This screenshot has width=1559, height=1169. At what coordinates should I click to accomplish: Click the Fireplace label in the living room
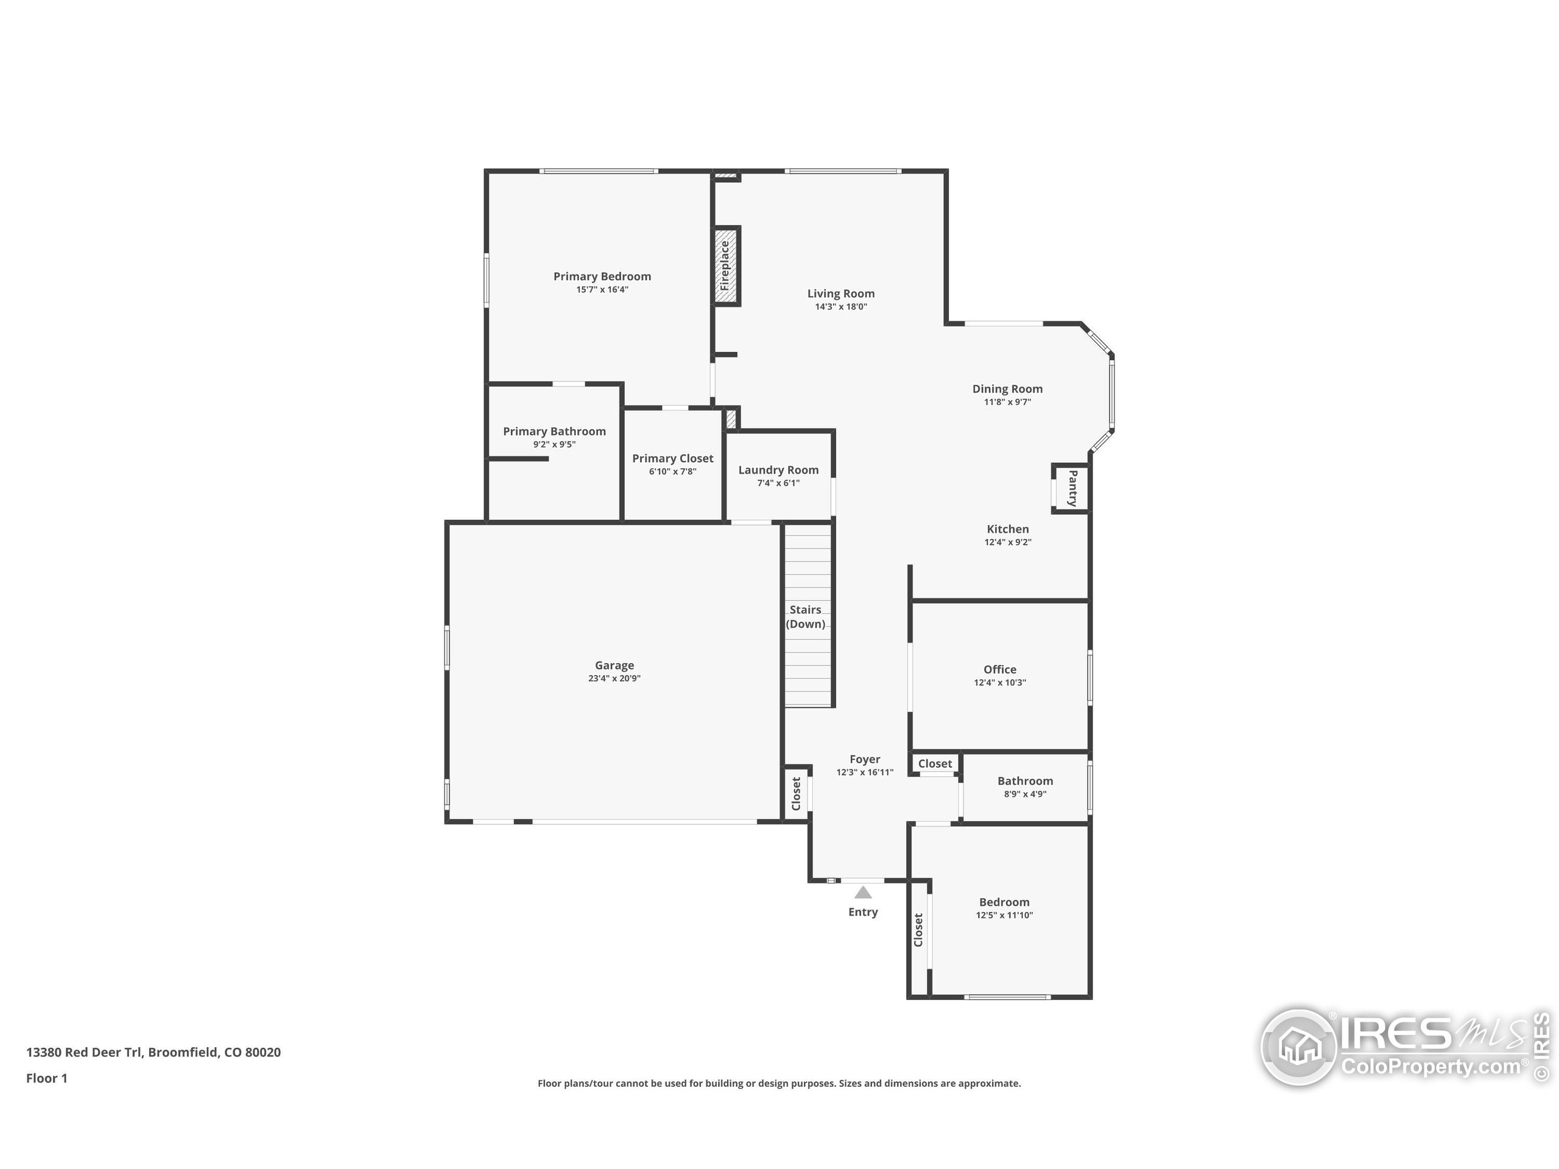point(725,265)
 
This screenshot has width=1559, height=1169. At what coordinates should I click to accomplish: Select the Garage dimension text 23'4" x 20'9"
point(614,679)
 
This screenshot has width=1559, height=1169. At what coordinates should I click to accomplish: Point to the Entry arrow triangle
point(863,893)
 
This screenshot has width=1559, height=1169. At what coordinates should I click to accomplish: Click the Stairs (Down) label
point(806,617)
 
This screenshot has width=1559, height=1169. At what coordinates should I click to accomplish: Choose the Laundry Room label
point(778,470)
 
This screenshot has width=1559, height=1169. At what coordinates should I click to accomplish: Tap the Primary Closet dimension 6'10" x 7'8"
point(672,471)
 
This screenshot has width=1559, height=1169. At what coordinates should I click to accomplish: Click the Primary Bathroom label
point(554,431)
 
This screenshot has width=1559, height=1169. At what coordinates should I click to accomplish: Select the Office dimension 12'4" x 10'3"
point(999,683)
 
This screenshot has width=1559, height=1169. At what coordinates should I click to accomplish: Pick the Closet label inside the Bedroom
point(918,930)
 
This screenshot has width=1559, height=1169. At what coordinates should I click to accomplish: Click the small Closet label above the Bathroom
point(935,764)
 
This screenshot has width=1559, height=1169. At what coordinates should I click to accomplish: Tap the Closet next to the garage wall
point(797,794)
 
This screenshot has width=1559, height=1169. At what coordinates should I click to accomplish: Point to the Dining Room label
point(1007,389)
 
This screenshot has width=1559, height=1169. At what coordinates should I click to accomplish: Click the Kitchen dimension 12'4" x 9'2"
point(1008,542)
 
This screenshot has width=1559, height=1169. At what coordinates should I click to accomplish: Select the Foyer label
point(865,759)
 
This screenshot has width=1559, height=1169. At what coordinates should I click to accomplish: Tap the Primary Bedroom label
point(602,276)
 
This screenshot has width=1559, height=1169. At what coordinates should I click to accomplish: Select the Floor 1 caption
point(46,1078)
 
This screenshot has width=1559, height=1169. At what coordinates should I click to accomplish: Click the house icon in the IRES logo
point(1298,1047)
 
